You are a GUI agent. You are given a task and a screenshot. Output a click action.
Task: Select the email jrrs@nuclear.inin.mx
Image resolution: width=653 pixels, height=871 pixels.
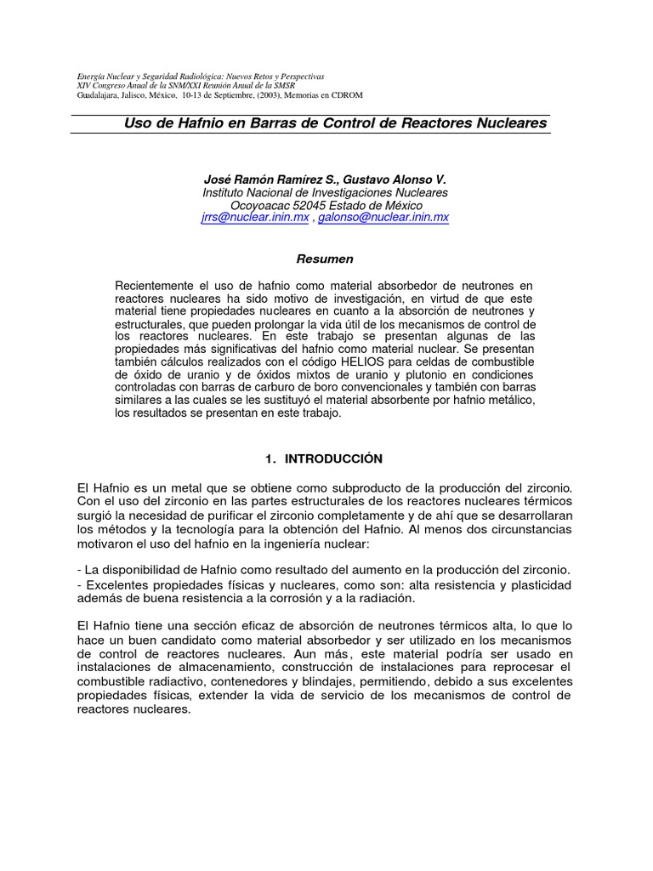pyautogui.click(x=255, y=218)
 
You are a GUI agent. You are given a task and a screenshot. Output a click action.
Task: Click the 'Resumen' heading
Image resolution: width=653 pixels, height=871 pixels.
pyautogui.click(x=324, y=259)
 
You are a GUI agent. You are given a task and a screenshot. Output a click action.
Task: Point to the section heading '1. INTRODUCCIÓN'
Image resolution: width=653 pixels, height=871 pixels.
pyautogui.click(x=324, y=458)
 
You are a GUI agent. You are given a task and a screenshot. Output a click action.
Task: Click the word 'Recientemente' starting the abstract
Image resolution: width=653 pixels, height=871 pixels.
pyautogui.click(x=155, y=285)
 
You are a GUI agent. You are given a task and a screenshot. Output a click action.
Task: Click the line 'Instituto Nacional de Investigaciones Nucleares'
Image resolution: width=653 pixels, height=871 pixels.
pyautogui.click(x=325, y=193)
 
